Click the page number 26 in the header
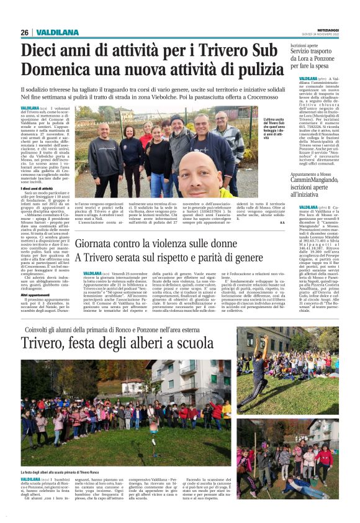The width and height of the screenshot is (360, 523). coord(25,32)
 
